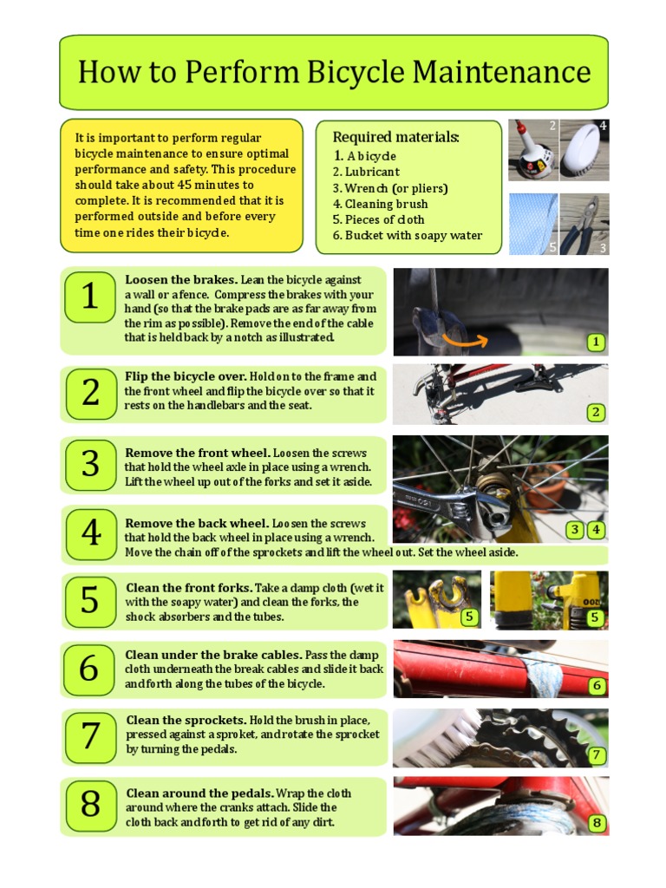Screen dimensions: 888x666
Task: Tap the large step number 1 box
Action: tap(90, 297)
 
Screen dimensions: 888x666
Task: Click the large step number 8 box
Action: tap(90, 805)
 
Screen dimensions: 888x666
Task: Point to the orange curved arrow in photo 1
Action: tap(464, 337)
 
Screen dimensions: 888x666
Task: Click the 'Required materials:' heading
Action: tap(395, 138)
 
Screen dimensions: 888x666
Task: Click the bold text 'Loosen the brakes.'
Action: tap(181, 280)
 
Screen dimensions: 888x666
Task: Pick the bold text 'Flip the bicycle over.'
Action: tap(186, 377)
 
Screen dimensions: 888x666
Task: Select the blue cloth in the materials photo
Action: tap(531, 224)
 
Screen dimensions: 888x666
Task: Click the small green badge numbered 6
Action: tap(597, 686)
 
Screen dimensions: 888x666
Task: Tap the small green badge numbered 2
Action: tap(596, 412)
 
